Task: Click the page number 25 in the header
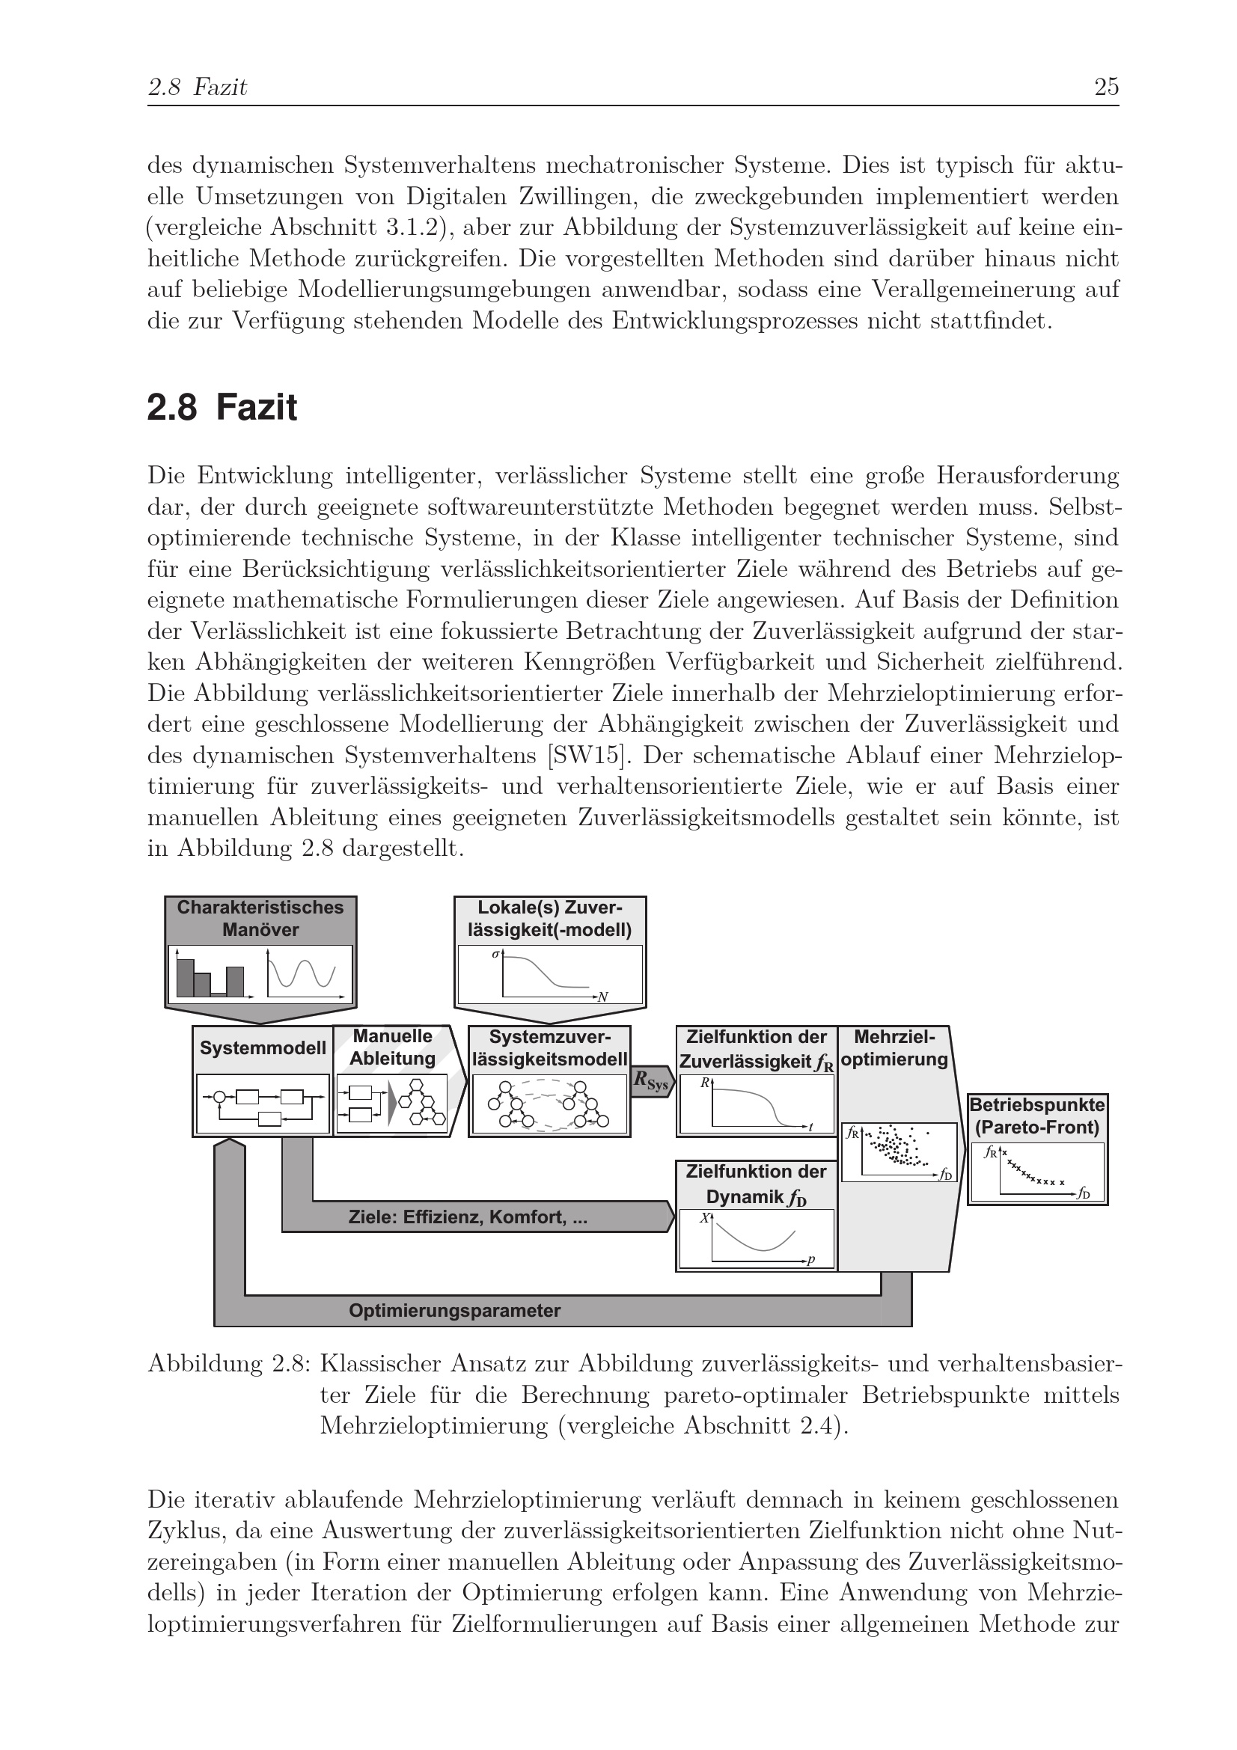coord(1106,88)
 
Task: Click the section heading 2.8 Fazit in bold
coord(222,408)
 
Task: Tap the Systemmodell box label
coord(262,1048)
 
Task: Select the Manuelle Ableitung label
coord(393,1047)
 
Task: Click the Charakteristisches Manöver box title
coord(260,919)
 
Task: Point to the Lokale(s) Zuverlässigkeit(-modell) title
coord(549,919)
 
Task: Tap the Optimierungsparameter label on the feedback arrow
coord(454,1310)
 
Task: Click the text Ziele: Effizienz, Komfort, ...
coord(467,1217)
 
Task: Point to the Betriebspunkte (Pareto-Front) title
coord(1037,1116)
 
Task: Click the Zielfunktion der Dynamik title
coord(755,1184)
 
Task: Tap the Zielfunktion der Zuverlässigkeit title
coord(756,1049)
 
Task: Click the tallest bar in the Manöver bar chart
coord(185,977)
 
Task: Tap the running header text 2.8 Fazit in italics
coord(198,88)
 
